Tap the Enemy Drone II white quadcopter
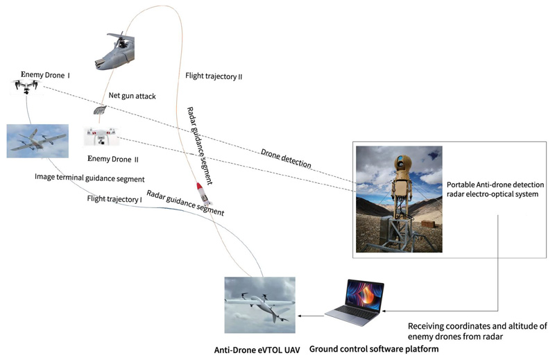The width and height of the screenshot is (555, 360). tap(101, 137)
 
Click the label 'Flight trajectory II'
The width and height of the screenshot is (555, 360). tap(214, 76)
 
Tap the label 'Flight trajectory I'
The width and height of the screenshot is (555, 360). tap(114, 199)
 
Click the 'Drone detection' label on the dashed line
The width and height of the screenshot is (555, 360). tap(286, 159)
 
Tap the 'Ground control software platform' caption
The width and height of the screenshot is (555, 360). tap(373, 349)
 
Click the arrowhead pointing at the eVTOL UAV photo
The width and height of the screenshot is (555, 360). tap(300, 316)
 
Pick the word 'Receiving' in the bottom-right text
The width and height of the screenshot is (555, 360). tap(427, 326)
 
